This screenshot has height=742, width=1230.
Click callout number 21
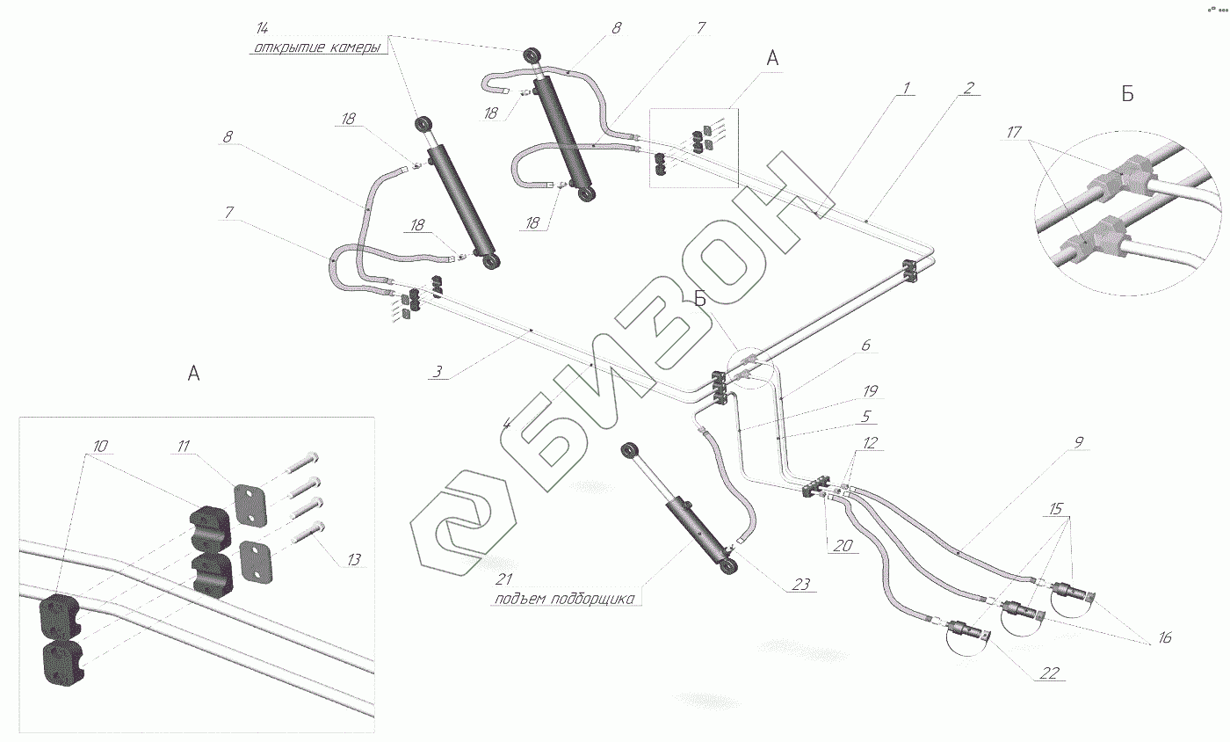pyautogui.click(x=503, y=578)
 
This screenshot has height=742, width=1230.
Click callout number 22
pyautogui.click(x=1051, y=674)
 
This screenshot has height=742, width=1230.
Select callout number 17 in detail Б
pyautogui.click(x=1014, y=133)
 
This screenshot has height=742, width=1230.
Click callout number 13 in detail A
pyautogui.click(x=354, y=558)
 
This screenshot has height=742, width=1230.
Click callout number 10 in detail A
pyautogui.click(x=100, y=447)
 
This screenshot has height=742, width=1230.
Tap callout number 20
pyautogui.click(x=842, y=545)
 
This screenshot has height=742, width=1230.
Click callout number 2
pyautogui.click(x=968, y=88)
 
